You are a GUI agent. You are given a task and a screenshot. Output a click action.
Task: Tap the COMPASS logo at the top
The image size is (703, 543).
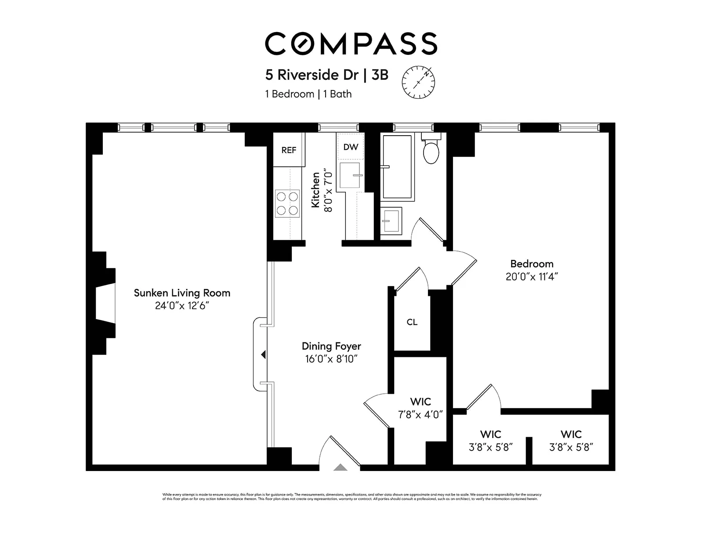pos(351,43)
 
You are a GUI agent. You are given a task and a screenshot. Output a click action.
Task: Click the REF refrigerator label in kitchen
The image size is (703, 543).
pos(289,150)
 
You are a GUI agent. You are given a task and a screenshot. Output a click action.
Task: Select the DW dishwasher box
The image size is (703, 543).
pos(351,147)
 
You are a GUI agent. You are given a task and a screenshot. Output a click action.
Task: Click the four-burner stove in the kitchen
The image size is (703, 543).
pos(287,203)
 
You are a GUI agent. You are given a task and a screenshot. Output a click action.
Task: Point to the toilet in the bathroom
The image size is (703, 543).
pos(431,150)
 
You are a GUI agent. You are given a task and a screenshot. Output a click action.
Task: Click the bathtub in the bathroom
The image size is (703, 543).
pos(397,167)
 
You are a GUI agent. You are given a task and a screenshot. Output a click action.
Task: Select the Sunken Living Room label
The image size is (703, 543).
pos(182,293)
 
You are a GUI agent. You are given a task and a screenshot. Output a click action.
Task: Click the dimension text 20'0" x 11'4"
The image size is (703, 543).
pos(532,277)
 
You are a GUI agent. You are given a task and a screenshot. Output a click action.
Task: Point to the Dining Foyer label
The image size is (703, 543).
pos(331,346)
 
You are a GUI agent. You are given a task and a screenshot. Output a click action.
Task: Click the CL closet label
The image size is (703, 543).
pos(412,322)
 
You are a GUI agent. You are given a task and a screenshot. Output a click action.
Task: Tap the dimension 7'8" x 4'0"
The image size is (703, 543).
pos(420,414)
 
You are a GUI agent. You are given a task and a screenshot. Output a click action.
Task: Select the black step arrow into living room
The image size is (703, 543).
pos(263,354)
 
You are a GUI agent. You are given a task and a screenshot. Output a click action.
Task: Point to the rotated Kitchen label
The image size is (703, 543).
pos(315,190)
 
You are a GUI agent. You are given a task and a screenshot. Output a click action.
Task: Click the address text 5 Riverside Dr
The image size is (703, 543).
pos(312,75)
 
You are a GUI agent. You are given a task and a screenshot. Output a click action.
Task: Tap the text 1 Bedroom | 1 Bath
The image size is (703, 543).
pos(308,94)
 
